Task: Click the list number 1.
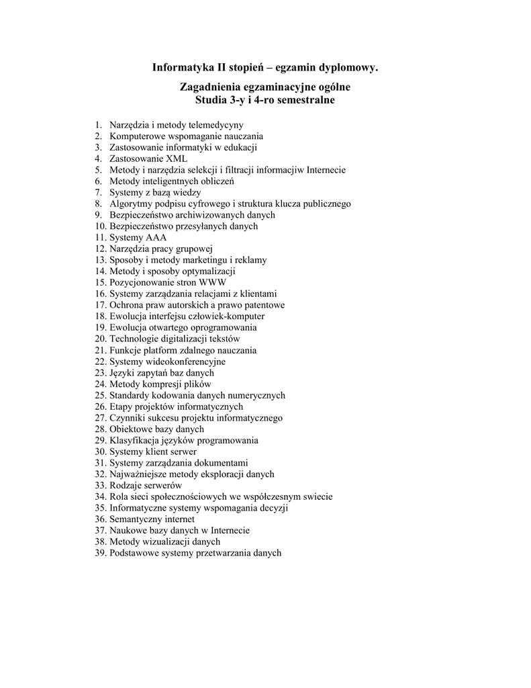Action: coord(97,125)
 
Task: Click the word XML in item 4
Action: coord(177,159)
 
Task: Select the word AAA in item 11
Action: coord(155,237)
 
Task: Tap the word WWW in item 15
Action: coord(213,282)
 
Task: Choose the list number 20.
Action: coord(101,339)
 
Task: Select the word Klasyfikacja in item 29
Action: coord(134,440)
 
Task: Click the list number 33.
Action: coord(101,485)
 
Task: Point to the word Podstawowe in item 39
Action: coord(134,553)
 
